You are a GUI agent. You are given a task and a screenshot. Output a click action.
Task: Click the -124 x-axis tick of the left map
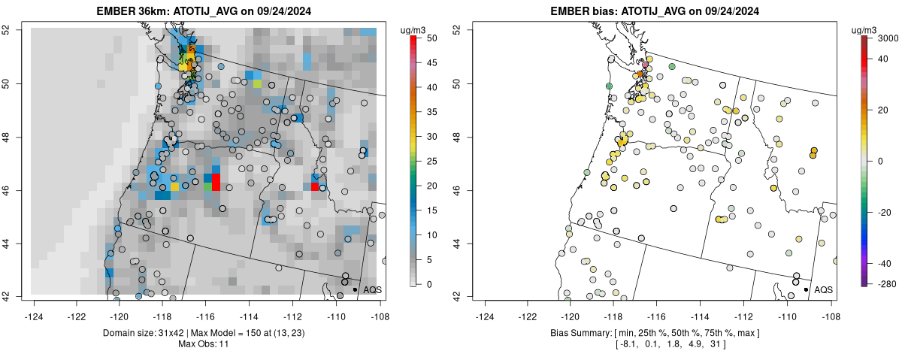point(35,306)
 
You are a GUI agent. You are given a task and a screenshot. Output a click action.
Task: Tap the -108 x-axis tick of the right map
point(831,306)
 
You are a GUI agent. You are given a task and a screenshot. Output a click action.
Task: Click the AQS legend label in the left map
point(372,289)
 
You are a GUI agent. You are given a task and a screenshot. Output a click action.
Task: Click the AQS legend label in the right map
point(823,289)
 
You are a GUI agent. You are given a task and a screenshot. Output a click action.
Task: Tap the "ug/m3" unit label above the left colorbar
point(414,29)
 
